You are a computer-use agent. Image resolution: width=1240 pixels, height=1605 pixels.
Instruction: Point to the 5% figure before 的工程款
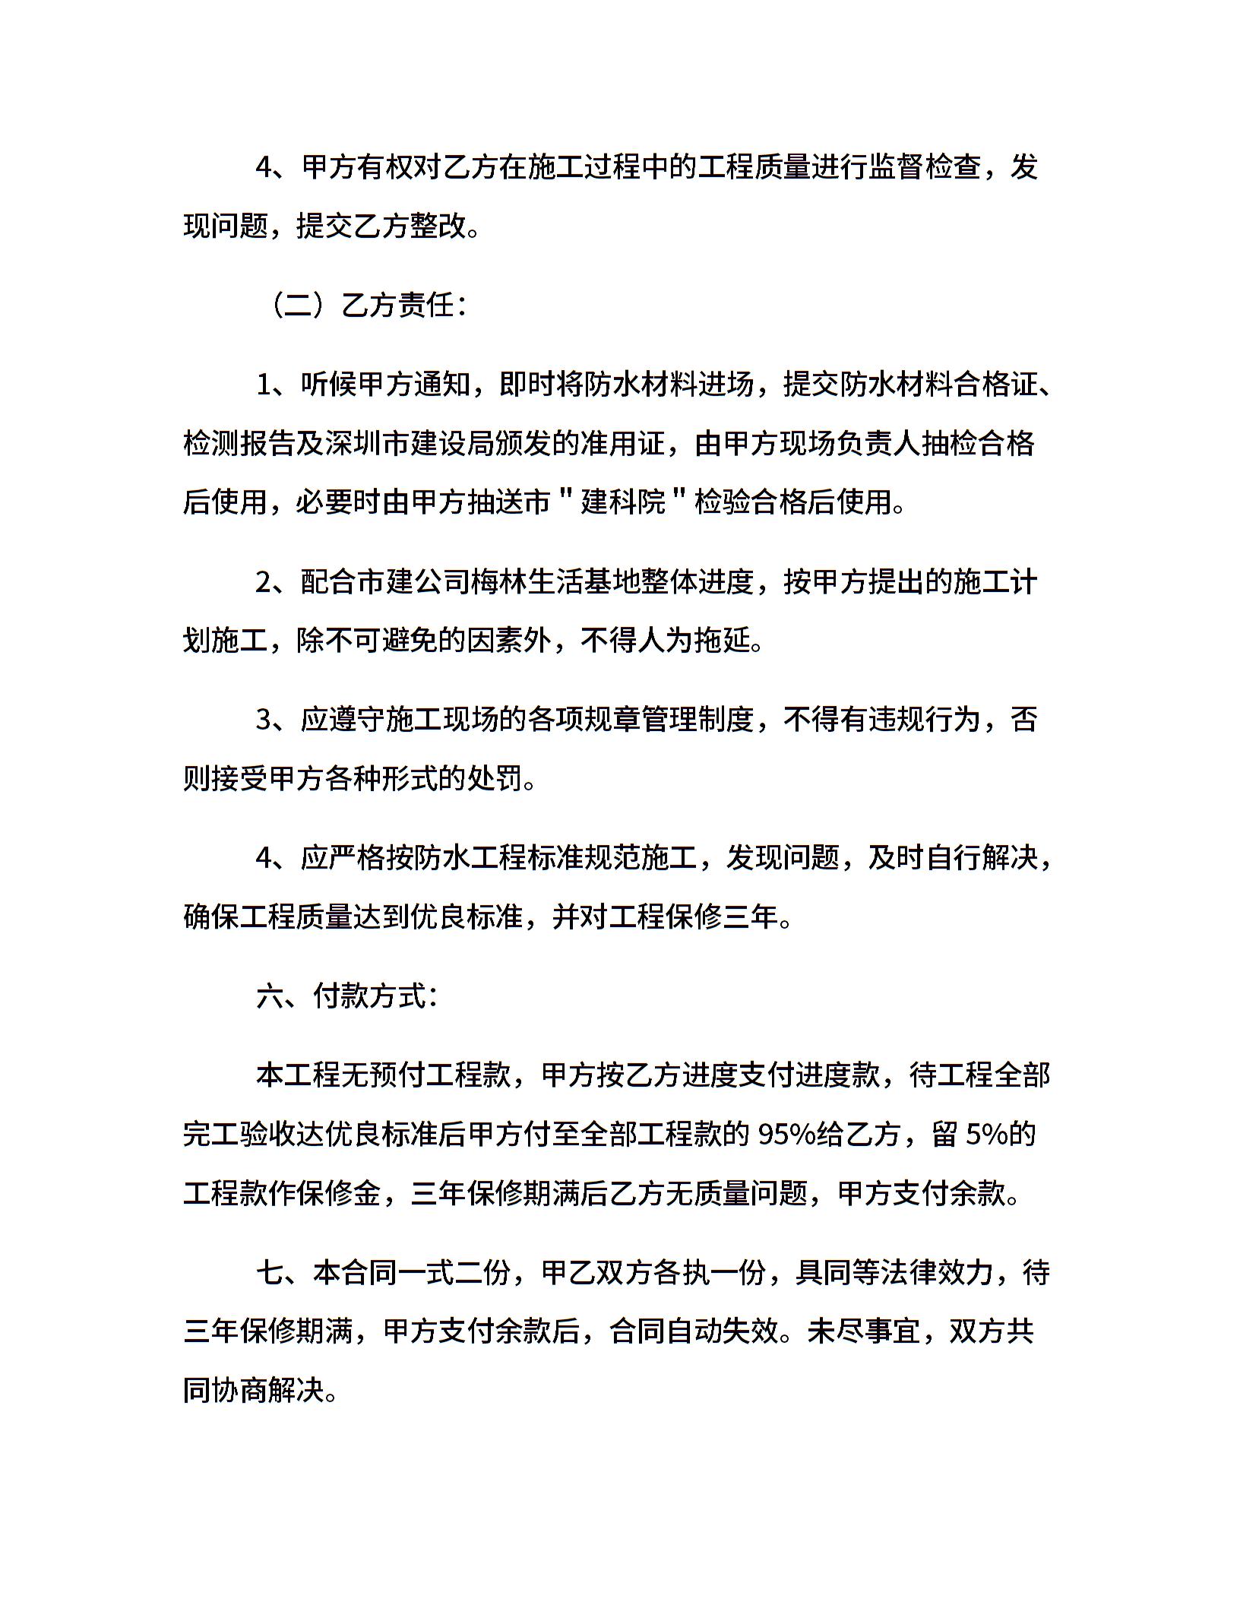(x=986, y=1135)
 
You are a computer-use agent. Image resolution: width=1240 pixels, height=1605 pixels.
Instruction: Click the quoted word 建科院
(x=622, y=502)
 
